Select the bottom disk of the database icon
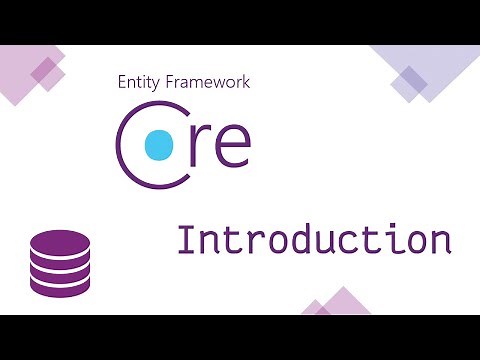pyautogui.click(x=60, y=285)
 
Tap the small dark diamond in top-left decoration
pyautogui.click(x=43, y=70)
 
